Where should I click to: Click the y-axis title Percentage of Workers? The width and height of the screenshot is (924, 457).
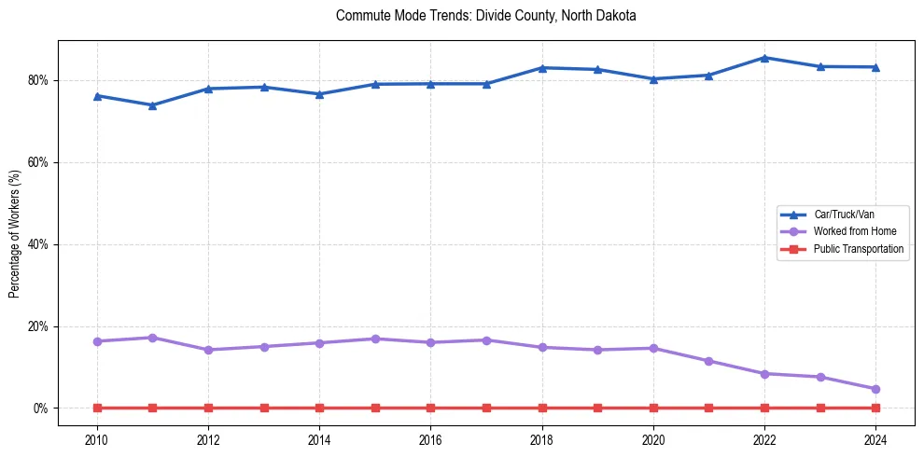tap(14, 234)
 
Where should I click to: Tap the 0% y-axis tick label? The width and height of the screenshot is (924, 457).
tap(41, 409)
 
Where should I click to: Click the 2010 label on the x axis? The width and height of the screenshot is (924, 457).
tap(97, 438)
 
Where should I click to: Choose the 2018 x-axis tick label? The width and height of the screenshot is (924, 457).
tap(542, 438)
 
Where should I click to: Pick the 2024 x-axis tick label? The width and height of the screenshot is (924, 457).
tap(875, 438)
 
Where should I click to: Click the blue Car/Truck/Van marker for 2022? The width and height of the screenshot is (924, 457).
tap(764, 58)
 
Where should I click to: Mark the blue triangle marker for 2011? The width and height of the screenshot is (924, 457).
tap(153, 105)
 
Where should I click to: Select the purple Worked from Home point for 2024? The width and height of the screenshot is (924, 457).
tap(875, 389)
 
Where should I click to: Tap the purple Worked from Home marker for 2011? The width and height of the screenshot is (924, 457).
tap(153, 338)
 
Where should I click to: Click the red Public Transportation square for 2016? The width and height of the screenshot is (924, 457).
tap(430, 409)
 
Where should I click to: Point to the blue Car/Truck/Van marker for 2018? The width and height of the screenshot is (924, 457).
tap(542, 68)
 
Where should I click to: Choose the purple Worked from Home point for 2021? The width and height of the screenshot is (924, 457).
tap(708, 361)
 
